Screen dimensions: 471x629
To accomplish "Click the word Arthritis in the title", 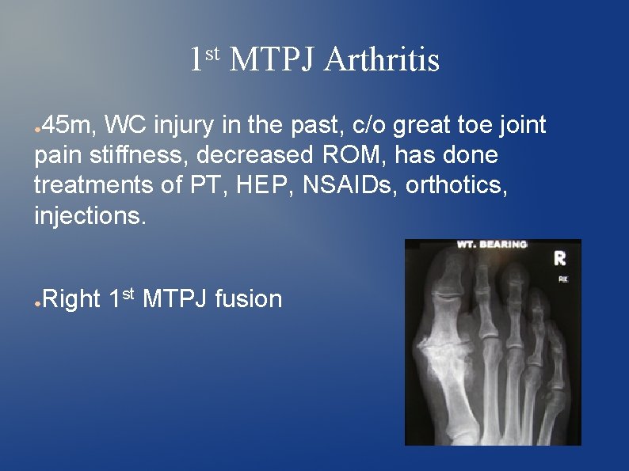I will tap(382, 60).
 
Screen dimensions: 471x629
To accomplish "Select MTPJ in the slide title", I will tap(271, 60).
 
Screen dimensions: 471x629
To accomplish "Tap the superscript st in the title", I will tap(212, 53).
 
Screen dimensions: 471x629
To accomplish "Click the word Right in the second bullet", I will tap(71, 299).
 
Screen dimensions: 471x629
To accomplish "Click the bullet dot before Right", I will tap(37, 302).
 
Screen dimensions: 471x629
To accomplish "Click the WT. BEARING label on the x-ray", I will tap(491, 245).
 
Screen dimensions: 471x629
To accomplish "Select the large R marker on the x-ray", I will tap(560, 258).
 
